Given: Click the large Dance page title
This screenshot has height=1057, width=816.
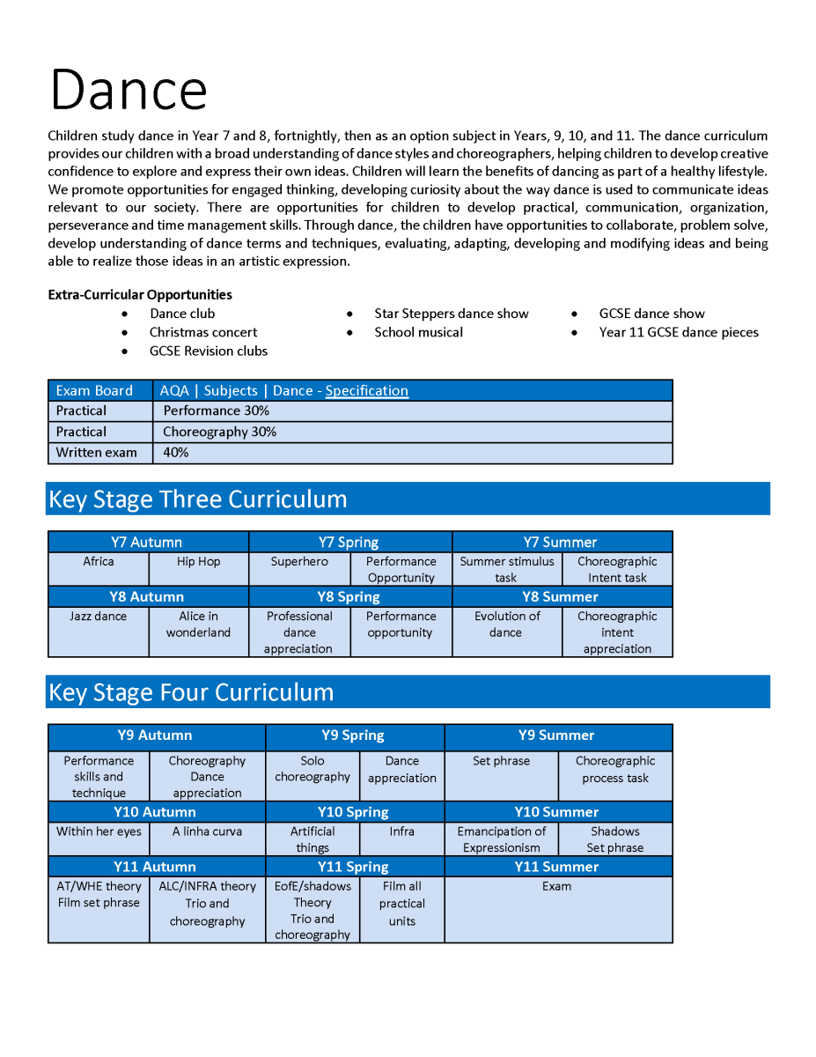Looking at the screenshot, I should point(129,90).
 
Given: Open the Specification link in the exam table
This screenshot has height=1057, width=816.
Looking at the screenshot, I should point(366,390).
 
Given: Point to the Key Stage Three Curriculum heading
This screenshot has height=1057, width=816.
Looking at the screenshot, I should point(198,499).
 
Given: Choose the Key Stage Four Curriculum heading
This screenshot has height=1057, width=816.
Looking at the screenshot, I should point(191,692).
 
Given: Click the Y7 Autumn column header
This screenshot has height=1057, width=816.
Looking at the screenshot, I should point(147,542).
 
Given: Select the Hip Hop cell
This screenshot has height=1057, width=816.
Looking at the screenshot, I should point(199,562).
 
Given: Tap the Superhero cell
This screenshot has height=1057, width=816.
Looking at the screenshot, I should point(299,562).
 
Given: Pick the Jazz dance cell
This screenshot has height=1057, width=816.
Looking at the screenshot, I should point(98,617).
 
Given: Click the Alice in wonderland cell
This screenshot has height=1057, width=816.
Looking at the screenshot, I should point(198,625).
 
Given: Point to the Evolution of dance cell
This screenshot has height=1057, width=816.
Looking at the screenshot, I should point(506,625).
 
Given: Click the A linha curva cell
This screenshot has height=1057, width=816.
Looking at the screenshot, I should point(207,832).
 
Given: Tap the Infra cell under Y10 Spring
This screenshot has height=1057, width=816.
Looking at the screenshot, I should point(402,832).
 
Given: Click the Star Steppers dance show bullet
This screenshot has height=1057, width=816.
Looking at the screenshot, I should point(452,314).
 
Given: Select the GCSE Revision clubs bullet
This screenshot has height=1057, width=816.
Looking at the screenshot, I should point(209,351).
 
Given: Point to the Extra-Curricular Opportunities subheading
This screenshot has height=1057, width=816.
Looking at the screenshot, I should point(140,295).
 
